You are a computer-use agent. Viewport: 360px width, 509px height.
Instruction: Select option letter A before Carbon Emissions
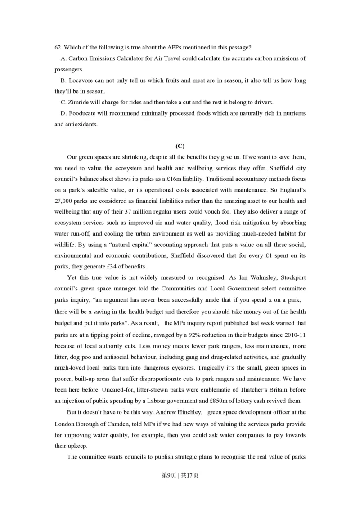point(63,58)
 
